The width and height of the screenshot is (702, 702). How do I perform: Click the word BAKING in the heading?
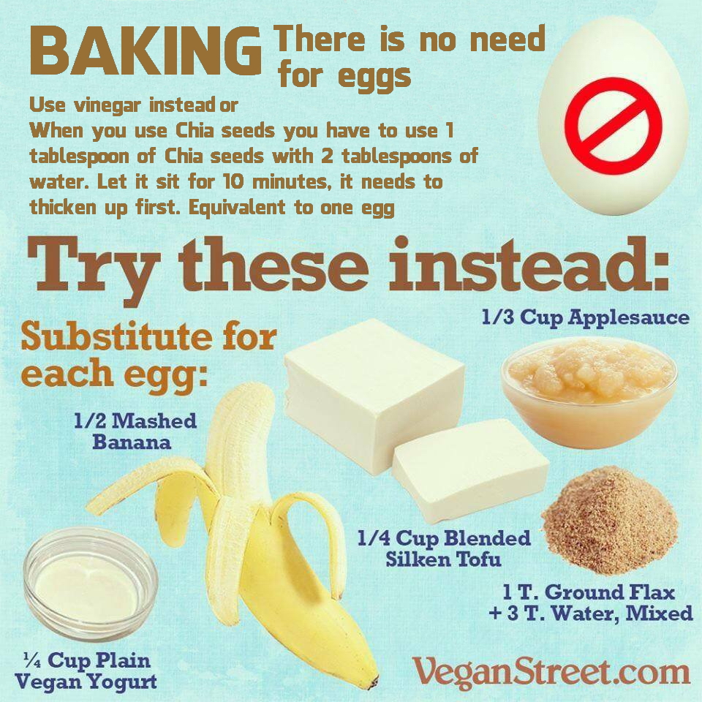(x=146, y=51)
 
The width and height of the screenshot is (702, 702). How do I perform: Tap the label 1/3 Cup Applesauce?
(x=586, y=317)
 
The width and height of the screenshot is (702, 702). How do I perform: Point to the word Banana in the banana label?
(x=132, y=442)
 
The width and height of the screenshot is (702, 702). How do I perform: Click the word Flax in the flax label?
(x=652, y=592)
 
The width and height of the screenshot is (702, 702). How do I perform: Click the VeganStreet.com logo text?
(x=551, y=673)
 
